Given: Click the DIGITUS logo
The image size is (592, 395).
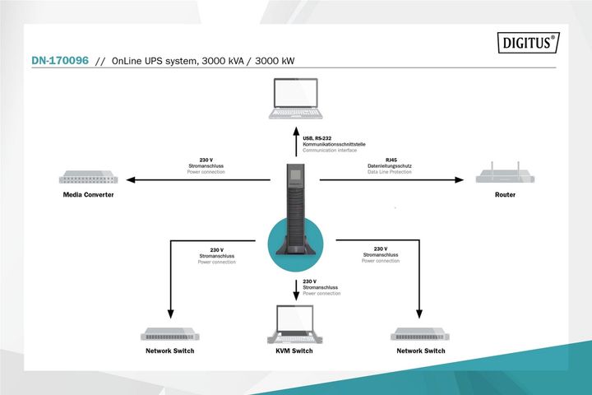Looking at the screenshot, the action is tap(528, 42).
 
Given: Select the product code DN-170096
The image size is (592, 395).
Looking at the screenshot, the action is tap(60, 60).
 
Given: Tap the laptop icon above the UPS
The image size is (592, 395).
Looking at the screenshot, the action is tap(296, 99).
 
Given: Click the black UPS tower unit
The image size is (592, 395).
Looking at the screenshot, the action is tap(295, 209).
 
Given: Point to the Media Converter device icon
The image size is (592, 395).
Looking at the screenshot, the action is tap(88, 177).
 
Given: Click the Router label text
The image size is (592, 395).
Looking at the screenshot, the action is tap(505, 195).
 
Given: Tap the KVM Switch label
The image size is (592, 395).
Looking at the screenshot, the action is tap(294, 351).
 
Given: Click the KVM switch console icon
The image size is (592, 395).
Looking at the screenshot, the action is tap(295, 324).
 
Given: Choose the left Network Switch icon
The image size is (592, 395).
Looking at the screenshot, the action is tap(170, 334).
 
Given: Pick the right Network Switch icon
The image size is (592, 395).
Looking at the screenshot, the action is tap(420, 334).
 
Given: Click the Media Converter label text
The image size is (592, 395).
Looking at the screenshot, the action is tap(88, 195).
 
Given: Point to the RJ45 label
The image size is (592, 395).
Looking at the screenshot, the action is tap(391, 160).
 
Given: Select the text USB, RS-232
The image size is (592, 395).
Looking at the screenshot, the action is tap(317, 138).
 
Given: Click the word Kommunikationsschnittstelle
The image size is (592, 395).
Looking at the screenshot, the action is tap(334, 144).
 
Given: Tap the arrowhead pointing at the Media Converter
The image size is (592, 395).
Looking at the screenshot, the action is tap(130, 179).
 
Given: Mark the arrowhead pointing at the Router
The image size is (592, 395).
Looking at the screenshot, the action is tap(459, 180).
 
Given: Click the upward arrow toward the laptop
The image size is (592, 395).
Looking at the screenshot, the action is tap(296, 142).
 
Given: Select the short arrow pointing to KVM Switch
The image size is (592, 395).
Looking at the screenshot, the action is tap(296, 290).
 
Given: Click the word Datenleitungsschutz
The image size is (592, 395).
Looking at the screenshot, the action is tap(390, 166).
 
